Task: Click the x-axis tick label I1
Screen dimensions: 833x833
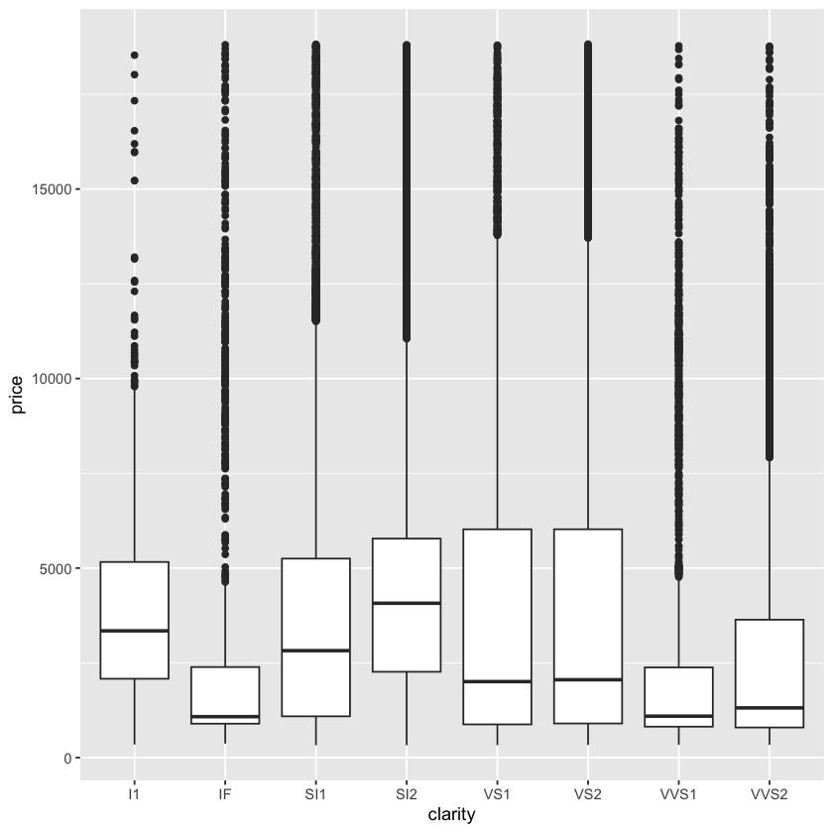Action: click(134, 793)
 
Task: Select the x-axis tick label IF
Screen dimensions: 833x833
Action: click(224, 793)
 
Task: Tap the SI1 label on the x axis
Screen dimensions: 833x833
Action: click(315, 793)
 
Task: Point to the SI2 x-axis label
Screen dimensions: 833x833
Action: click(406, 793)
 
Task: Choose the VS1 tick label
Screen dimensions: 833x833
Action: click(497, 793)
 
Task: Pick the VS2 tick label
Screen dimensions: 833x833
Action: click(587, 793)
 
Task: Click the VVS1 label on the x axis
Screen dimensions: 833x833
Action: click(678, 793)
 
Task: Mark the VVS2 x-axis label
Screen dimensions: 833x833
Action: click(769, 793)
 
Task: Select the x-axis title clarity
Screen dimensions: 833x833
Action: click(451, 815)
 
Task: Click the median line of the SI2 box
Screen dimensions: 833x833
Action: click(406, 603)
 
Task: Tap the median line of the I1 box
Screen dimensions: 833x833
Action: click(134, 631)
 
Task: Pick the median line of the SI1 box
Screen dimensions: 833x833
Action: click(315, 651)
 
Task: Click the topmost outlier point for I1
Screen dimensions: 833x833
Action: click(134, 55)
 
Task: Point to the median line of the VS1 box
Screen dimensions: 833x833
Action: click(497, 681)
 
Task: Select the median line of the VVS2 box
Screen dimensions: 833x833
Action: click(769, 708)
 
